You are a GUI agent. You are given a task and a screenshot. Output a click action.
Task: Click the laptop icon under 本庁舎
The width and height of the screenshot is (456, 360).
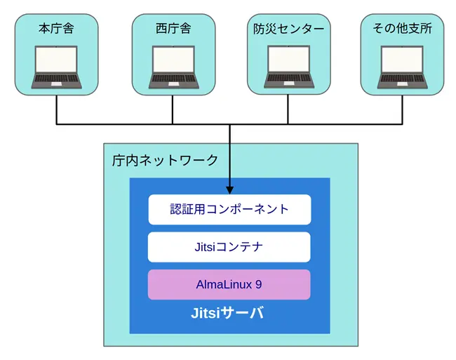[x=57, y=67]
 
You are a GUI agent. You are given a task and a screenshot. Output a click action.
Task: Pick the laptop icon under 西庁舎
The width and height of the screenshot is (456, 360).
[x=173, y=67]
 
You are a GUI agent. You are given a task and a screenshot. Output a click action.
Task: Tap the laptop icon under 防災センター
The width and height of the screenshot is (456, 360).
[x=288, y=67]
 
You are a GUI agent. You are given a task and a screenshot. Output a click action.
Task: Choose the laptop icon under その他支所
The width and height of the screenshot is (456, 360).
[x=403, y=67]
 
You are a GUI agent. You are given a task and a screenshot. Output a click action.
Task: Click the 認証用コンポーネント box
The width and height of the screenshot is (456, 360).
[x=229, y=209]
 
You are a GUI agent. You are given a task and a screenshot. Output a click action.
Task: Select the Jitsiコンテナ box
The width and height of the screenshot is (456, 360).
[x=229, y=247]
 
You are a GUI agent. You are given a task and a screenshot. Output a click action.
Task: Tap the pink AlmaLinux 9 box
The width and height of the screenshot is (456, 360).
[x=229, y=285]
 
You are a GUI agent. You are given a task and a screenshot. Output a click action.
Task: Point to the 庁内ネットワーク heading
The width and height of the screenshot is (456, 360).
[x=165, y=160]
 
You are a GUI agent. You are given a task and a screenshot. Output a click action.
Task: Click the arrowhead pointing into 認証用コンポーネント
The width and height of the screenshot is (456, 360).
[x=229, y=189]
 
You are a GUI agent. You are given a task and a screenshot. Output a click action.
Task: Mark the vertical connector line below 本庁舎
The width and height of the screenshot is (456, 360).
[x=57, y=110]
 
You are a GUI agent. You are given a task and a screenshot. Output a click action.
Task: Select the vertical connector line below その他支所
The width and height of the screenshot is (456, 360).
[x=403, y=110]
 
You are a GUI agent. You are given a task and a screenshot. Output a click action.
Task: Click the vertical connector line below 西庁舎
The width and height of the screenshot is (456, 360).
[x=173, y=110]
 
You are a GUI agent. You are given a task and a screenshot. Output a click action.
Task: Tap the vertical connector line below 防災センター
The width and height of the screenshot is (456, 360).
[x=288, y=110]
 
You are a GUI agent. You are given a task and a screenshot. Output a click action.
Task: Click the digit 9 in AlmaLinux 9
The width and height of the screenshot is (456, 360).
[x=258, y=285]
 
